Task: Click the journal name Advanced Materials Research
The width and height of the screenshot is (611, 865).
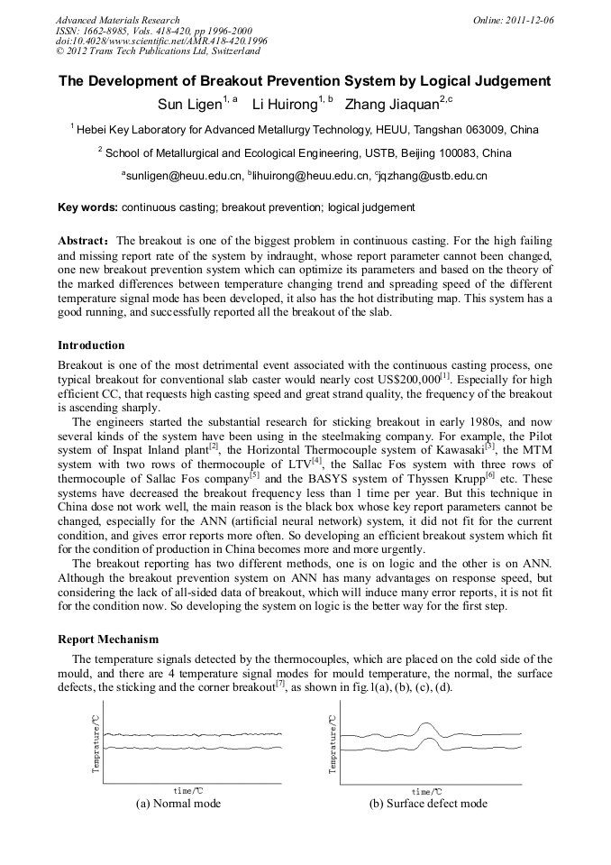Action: coord(117,20)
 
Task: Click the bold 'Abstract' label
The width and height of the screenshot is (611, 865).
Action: coord(84,241)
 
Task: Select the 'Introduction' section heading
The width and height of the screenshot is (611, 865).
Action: coord(91,345)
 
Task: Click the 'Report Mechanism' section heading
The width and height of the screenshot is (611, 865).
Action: coord(108,640)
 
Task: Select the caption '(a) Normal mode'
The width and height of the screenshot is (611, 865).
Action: coord(178,804)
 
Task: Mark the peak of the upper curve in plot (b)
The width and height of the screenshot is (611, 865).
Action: coord(425,723)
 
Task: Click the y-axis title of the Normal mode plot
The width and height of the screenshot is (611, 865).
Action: coord(96,743)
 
